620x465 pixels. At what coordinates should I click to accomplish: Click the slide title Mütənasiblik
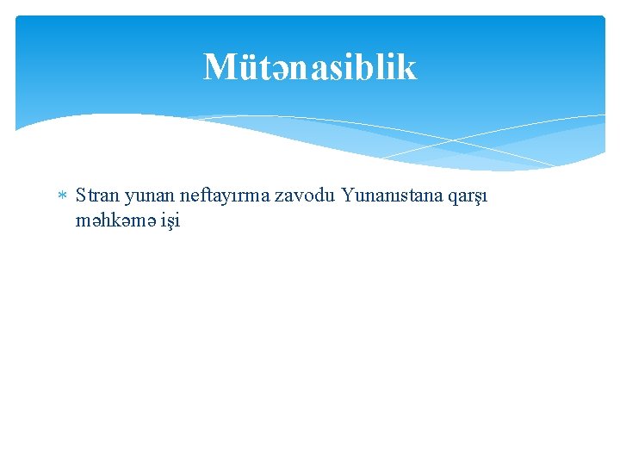click(310, 67)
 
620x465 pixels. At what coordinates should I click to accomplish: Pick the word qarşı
click(468, 197)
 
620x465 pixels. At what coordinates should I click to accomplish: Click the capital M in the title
click(219, 67)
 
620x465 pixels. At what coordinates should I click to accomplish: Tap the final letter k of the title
click(407, 67)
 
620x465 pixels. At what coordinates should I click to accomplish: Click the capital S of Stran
click(81, 195)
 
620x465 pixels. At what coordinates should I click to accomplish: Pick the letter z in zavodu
click(280, 197)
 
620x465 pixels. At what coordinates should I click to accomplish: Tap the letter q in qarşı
click(452, 198)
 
